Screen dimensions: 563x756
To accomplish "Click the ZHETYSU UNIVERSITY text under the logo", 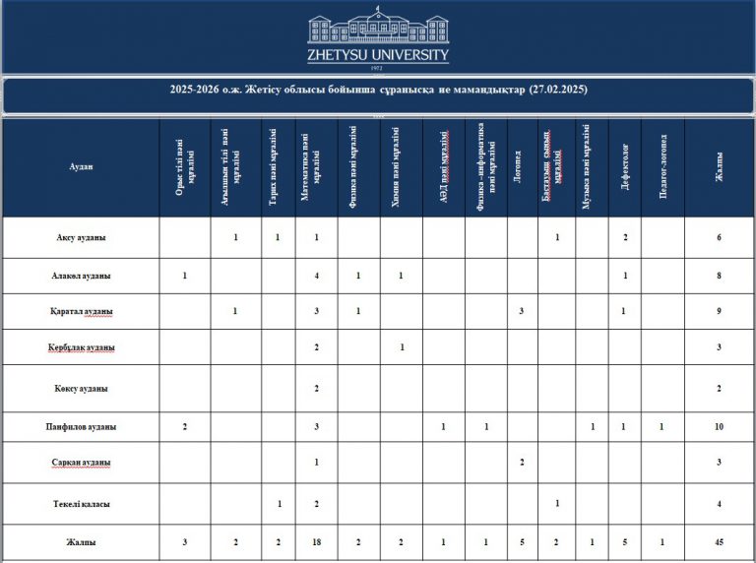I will click(378, 56).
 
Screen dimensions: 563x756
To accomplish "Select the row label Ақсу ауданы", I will click(81, 238).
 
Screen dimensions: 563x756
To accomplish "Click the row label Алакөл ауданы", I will click(81, 276).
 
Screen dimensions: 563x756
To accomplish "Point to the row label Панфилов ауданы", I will click(81, 427).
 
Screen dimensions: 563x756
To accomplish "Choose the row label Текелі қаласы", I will click(81, 504).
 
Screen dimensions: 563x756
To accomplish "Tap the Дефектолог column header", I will click(625, 167).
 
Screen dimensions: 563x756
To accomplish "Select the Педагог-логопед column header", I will click(661, 167).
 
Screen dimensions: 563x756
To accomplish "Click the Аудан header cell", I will click(81, 167).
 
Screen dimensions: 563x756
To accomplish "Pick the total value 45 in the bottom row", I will click(720, 542).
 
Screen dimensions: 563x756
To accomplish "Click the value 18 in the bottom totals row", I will click(316, 542).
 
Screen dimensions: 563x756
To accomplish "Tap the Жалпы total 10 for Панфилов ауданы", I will click(720, 427).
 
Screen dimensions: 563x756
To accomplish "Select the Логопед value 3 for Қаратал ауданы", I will click(521, 312).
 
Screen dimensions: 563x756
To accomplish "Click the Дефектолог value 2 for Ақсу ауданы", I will click(625, 238).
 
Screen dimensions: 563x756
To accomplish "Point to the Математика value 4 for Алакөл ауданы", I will click(316, 276).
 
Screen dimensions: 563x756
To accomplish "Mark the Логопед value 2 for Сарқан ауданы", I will click(521, 463).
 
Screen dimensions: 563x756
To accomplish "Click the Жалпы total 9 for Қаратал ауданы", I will click(720, 312).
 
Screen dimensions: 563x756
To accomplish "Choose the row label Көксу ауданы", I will click(81, 389).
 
